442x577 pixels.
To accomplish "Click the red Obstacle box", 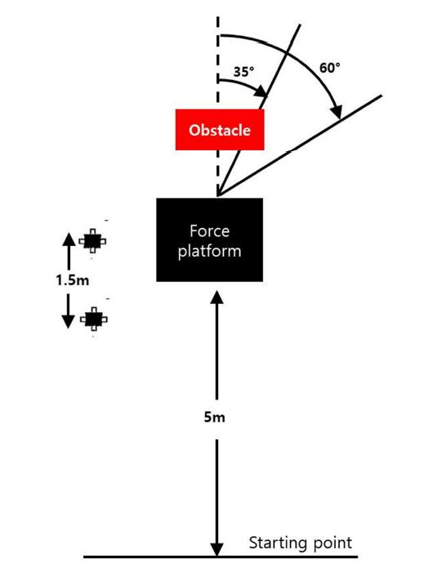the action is click(220, 129).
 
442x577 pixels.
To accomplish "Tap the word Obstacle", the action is click(220, 130).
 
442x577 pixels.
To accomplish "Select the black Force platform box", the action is click(210, 240).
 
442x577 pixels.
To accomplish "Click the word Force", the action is click(210, 231).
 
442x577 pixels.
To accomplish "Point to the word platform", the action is click(210, 252).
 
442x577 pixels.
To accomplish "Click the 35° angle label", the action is click(243, 71).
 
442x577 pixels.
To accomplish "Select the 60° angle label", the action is click(329, 68).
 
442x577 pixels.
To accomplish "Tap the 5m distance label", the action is click(214, 418).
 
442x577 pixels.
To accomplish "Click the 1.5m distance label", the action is click(73, 281).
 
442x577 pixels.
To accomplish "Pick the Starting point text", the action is click(301, 543).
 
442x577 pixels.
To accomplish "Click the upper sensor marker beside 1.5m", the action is click(92, 241).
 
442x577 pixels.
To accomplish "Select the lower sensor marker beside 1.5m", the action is click(94, 319).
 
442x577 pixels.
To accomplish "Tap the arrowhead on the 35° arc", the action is click(261, 92).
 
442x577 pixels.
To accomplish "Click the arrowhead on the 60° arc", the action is click(337, 112).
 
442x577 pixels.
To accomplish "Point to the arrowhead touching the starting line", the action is click(217, 549).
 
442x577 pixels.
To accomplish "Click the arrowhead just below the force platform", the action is click(217, 297).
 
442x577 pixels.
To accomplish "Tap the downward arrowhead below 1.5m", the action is click(68, 321).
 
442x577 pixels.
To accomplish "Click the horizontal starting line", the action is click(221, 557).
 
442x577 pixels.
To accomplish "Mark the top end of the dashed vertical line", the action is click(218, 17).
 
